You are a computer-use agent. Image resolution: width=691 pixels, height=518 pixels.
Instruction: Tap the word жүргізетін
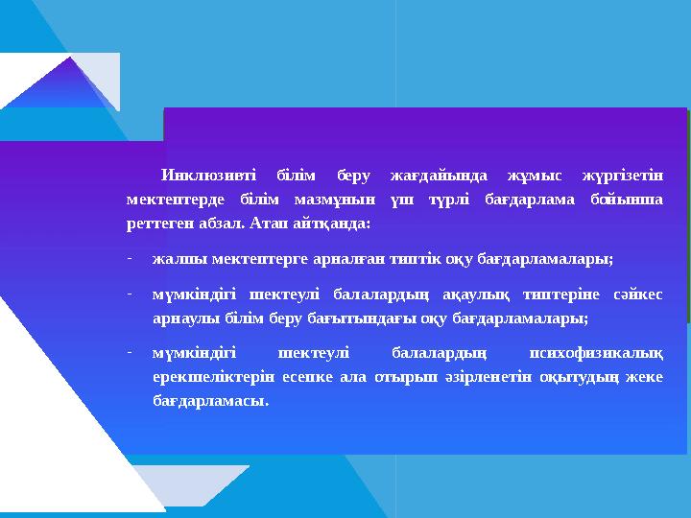pos(623,176)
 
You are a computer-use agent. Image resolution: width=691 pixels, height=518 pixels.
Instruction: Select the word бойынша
pos(630,200)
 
